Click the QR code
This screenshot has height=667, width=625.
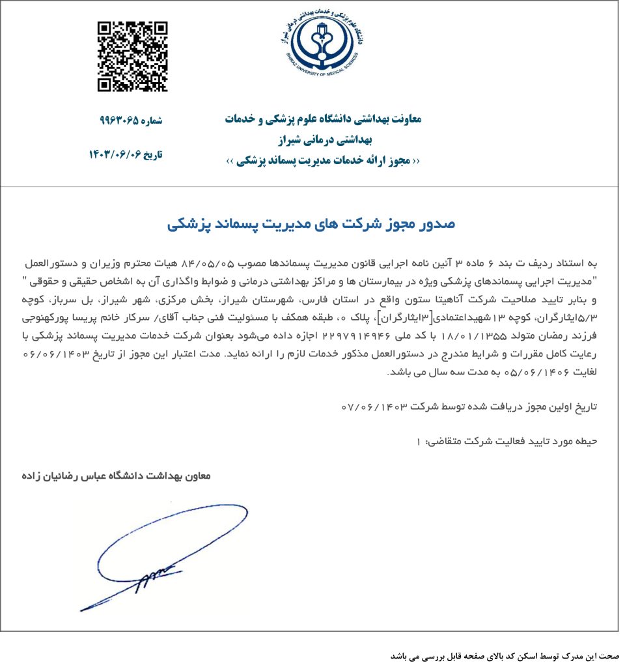click(x=132, y=57)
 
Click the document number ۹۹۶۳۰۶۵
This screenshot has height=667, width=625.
click(x=119, y=121)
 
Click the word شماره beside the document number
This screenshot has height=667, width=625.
click(x=151, y=121)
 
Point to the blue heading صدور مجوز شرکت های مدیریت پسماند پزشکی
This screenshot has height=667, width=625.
click(x=311, y=223)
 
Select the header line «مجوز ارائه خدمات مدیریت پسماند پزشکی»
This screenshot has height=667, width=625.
click(x=322, y=160)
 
